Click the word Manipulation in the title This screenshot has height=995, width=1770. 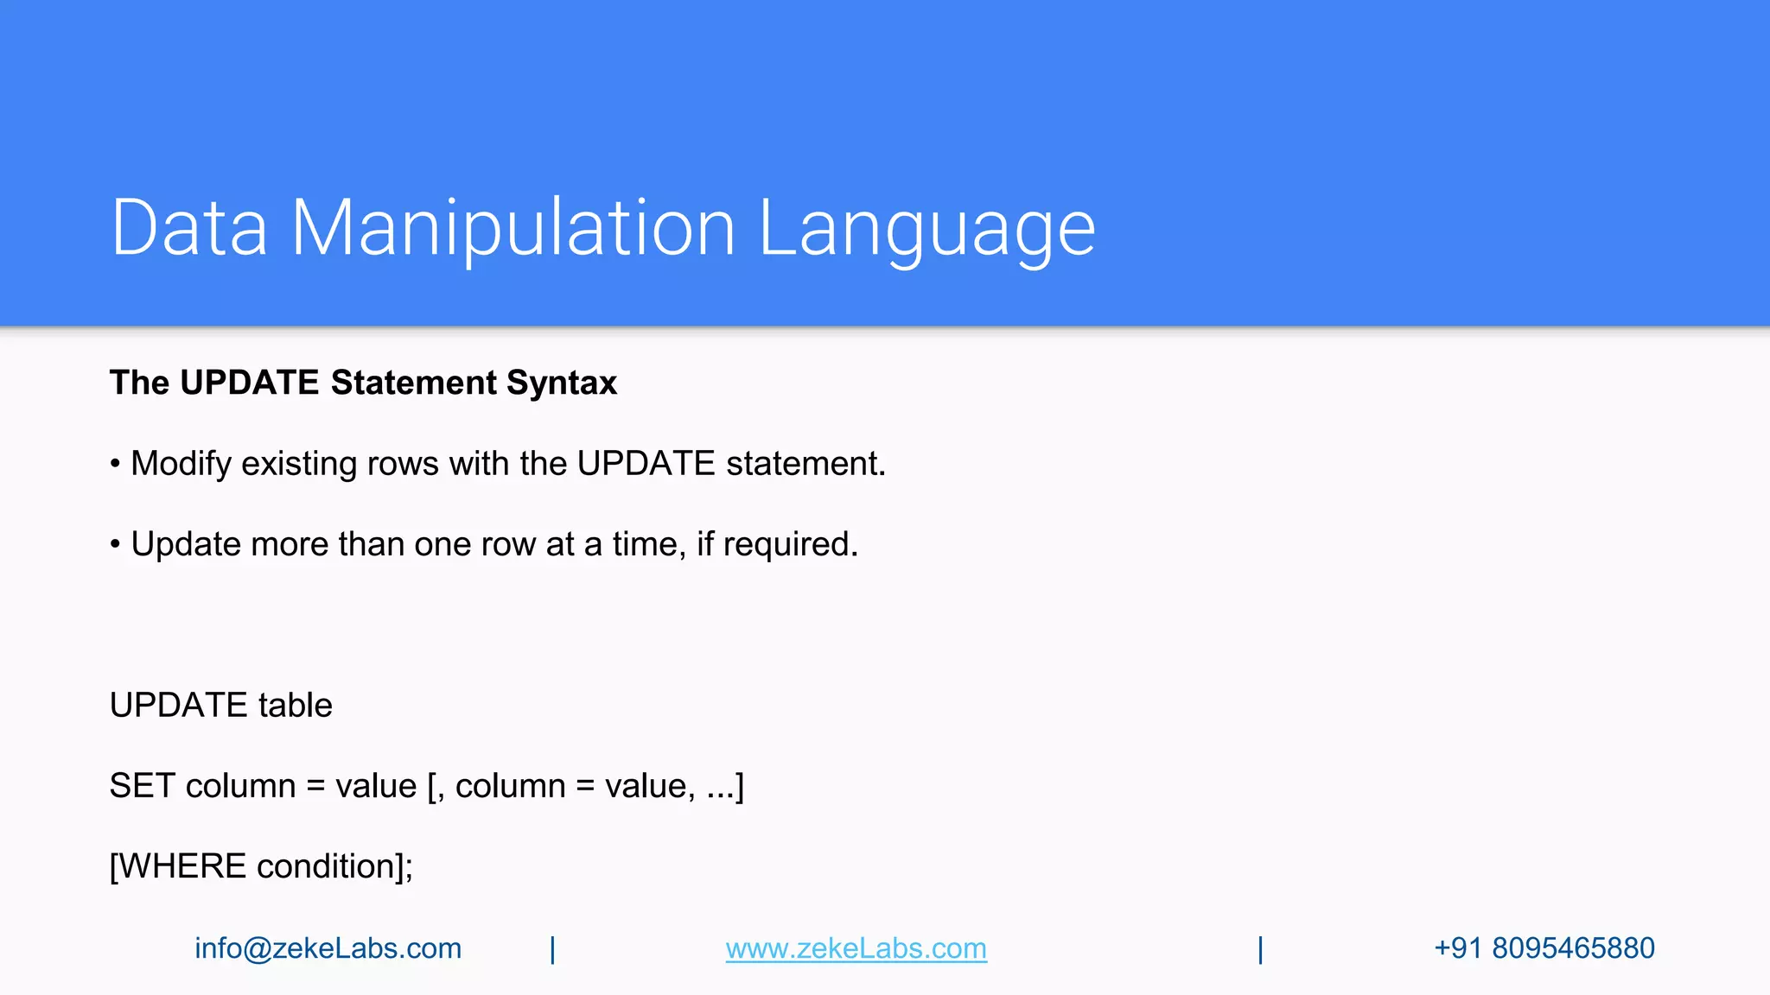[x=513, y=228]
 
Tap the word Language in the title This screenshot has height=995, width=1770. [x=926, y=228]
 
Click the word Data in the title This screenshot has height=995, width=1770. [x=189, y=228]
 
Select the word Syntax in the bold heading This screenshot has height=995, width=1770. [x=562, y=383]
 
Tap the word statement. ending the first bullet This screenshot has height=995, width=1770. [x=805, y=464]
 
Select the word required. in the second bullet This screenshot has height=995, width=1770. [x=790, y=544]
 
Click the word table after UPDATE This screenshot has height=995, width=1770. [x=295, y=706]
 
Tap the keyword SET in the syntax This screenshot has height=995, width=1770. [x=142, y=786]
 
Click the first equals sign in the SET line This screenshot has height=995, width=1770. [x=315, y=787]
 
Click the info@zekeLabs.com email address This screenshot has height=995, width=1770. [x=328, y=948]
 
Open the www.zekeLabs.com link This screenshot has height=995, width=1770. [x=856, y=948]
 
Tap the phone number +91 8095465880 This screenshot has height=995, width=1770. [x=1544, y=948]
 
